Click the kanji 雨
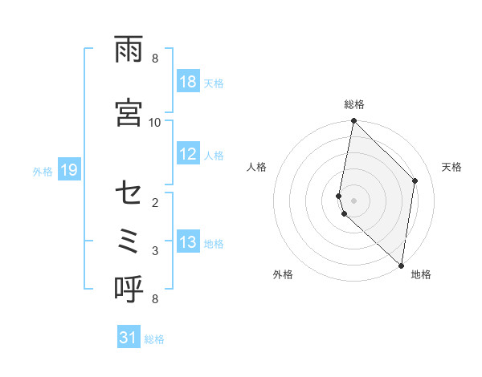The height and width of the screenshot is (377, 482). point(129,53)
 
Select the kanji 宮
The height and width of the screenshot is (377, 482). point(129,111)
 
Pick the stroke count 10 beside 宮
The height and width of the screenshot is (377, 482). point(155,122)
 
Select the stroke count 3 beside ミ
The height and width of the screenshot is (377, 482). point(155,251)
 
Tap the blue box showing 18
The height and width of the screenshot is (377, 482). point(188,83)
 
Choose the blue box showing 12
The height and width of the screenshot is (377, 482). point(188,155)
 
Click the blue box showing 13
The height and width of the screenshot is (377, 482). point(188,243)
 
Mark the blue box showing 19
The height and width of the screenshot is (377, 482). point(68,170)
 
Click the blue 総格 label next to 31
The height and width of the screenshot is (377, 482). point(154,339)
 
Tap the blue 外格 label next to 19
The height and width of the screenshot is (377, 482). point(43,171)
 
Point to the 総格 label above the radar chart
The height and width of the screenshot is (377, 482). point(354,104)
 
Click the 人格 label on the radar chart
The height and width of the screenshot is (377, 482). point(257,167)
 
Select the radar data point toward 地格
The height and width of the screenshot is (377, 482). point(401,266)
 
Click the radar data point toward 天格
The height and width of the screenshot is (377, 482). point(415,180)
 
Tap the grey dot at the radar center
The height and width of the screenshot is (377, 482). point(354,201)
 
